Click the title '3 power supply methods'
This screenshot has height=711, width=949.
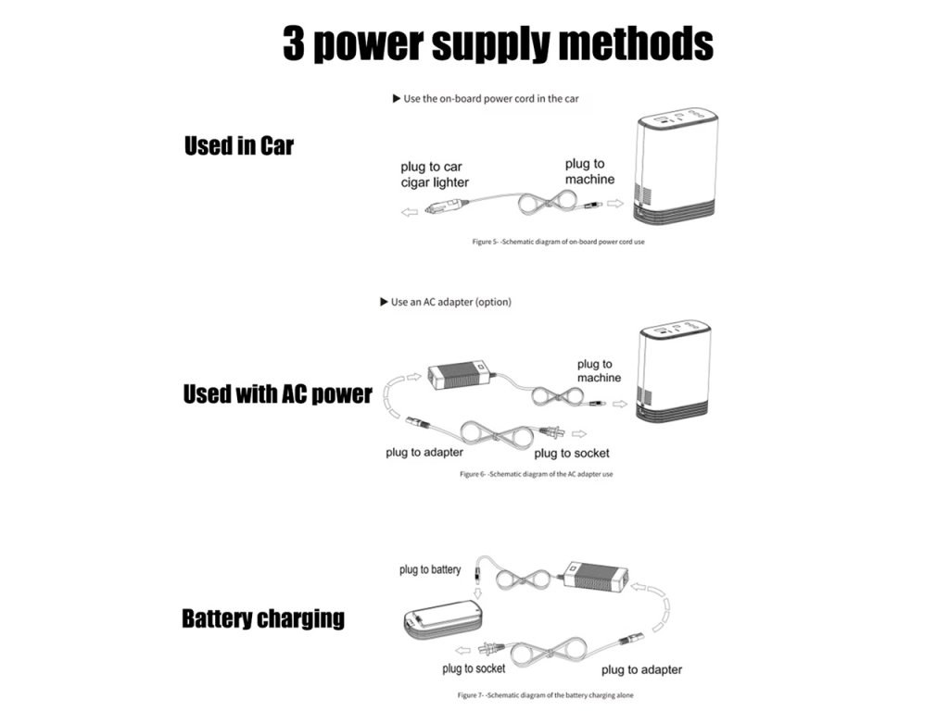pos(498,44)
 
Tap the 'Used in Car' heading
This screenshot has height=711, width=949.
pos(238,146)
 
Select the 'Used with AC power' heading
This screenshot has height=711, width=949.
pos(277,393)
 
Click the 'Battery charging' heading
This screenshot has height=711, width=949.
pos(262,618)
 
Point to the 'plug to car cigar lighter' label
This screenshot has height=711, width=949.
pos(434,174)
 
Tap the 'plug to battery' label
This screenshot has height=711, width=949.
pos(430,569)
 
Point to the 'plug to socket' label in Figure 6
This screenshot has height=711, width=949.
pos(572,453)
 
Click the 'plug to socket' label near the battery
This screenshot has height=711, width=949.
pos(474,668)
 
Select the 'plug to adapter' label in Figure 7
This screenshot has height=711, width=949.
pos(641,669)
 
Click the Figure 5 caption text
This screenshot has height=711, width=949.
pos(558,242)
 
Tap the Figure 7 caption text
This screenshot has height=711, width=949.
pos(546,694)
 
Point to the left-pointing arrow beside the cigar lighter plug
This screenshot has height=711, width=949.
pos(409,212)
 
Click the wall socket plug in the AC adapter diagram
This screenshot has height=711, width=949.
pos(554,431)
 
